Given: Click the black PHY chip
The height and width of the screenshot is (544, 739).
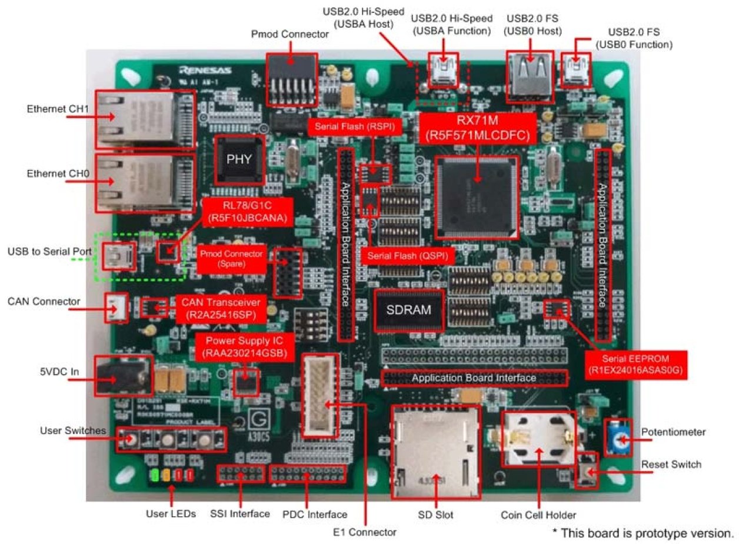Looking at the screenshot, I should (239, 159).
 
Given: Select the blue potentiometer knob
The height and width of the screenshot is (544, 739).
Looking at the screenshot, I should (619, 438).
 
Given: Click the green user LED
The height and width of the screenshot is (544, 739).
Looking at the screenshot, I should (155, 475).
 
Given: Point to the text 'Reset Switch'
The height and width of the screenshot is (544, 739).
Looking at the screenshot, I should (671, 465).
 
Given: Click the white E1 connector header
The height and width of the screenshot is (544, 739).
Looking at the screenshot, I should (321, 395).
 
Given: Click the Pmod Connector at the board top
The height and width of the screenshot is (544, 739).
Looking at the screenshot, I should (292, 79).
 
